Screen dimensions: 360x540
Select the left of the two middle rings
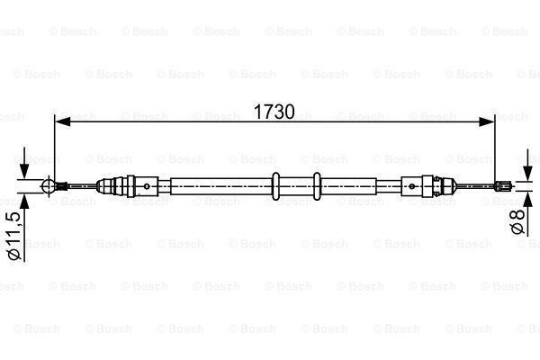276,186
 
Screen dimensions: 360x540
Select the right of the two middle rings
317,186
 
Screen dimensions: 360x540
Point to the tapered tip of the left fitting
104,186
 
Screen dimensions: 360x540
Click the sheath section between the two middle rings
297,186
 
